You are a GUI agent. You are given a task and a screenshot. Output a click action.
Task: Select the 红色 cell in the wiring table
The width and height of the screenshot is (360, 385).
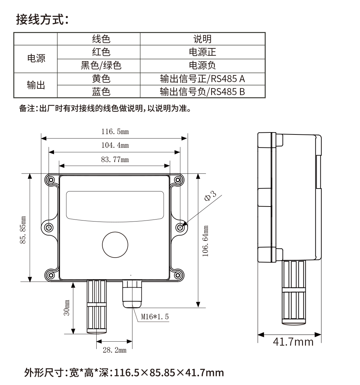101,52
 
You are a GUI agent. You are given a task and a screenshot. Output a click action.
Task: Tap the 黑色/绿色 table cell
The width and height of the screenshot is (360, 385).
101,65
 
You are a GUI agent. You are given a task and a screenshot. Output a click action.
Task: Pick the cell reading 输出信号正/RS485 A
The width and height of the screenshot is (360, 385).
202,79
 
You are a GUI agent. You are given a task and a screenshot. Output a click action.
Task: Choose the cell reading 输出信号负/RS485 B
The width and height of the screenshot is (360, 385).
202,91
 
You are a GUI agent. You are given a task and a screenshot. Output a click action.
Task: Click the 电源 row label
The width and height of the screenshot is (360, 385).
36,59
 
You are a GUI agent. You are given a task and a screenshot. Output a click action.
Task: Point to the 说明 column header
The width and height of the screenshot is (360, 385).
202,39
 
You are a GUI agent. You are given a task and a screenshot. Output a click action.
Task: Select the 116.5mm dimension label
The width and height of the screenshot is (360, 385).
115,131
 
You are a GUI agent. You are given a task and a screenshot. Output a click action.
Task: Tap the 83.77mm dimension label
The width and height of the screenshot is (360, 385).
115,159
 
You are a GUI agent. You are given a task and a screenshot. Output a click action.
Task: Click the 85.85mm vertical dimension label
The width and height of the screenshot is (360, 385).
23,230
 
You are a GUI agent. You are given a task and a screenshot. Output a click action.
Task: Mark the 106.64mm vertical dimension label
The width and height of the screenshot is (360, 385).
206,241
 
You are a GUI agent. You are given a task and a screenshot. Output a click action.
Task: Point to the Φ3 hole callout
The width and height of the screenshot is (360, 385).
210,196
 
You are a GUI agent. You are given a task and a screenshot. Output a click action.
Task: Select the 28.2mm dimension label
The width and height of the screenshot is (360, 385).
114,350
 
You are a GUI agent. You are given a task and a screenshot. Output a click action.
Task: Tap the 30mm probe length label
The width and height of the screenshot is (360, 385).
67,307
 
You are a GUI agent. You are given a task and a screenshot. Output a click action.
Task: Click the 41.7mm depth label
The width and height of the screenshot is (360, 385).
293,342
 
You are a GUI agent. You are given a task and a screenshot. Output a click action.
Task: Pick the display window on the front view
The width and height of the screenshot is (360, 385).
115,205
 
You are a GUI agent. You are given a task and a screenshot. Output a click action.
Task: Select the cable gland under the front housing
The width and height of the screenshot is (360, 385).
132,294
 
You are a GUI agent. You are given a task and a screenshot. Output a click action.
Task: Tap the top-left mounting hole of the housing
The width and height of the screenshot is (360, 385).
51,180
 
